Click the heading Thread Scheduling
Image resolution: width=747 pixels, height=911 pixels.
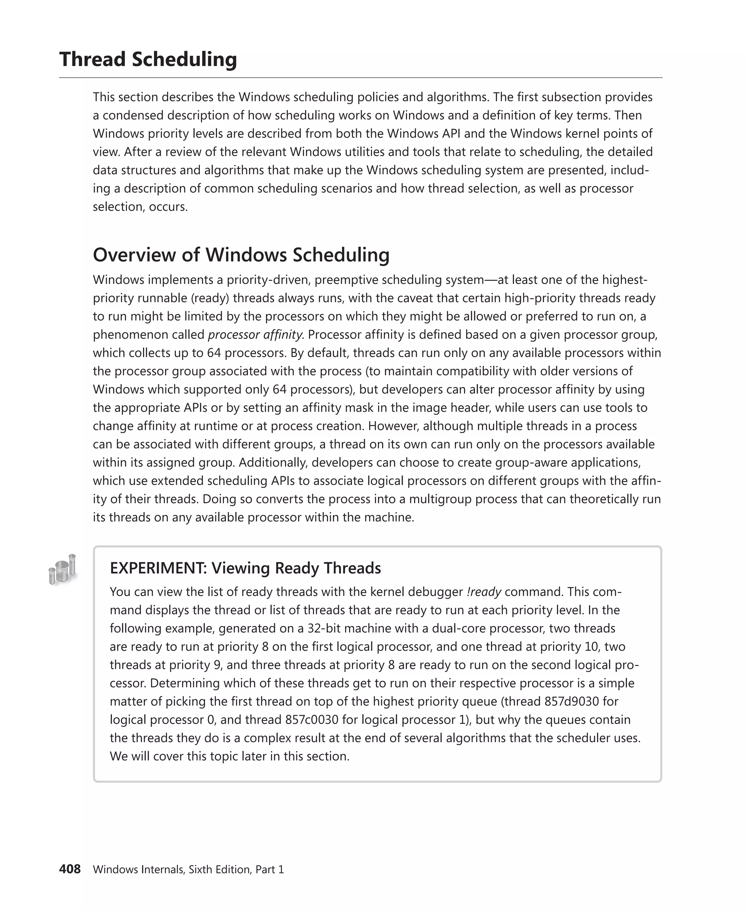click(x=148, y=59)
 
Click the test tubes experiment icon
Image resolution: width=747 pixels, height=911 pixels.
click(x=63, y=569)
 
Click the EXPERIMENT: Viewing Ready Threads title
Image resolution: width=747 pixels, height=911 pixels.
click(x=245, y=568)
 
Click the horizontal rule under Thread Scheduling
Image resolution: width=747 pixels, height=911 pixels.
click(x=361, y=78)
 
